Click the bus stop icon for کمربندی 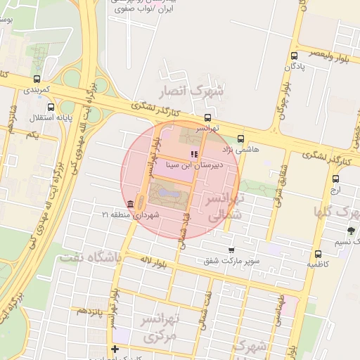pyautogui.click(x=36, y=79)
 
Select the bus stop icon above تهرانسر pyautogui.click(x=207, y=117)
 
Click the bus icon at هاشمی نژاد pyautogui.click(x=241, y=139)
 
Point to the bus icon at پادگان pyautogui.click(x=294, y=56)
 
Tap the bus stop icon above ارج pyautogui.click(x=335, y=179)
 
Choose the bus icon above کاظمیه pyautogui.click(x=319, y=254)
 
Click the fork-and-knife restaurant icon pyautogui.click(x=193, y=154)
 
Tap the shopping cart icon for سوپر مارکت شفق pyautogui.click(x=231, y=250)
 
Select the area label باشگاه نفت pyautogui.click(x=91, y=258)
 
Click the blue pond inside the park pyautogui.click(x=166, y=192)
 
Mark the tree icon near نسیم pyautogui.click(x=351, y=231)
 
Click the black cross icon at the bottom pyautogui.click(x=115, y=349)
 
